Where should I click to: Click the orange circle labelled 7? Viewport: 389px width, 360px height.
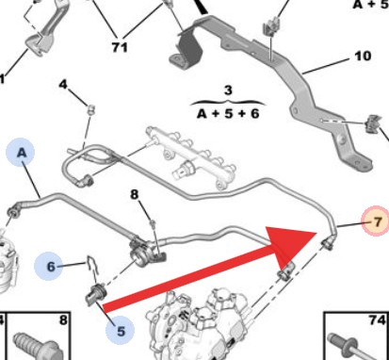376,221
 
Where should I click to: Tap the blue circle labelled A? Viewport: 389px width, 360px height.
21,152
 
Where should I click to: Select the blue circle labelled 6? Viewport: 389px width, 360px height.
50,267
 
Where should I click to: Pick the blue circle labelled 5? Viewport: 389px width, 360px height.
120,331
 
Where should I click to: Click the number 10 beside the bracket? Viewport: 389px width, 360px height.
363,56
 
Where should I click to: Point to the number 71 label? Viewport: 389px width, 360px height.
120,47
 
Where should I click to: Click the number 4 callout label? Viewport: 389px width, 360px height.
63,84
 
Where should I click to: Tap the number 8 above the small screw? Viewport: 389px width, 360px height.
134,194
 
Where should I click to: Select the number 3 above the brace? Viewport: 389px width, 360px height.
228,90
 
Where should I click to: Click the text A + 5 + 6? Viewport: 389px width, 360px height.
228,113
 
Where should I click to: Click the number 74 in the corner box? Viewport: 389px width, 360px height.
377,320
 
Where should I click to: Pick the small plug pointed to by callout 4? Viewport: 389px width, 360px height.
91,109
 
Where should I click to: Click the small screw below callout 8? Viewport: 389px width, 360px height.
153,223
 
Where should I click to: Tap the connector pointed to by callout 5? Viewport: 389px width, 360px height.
96,295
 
